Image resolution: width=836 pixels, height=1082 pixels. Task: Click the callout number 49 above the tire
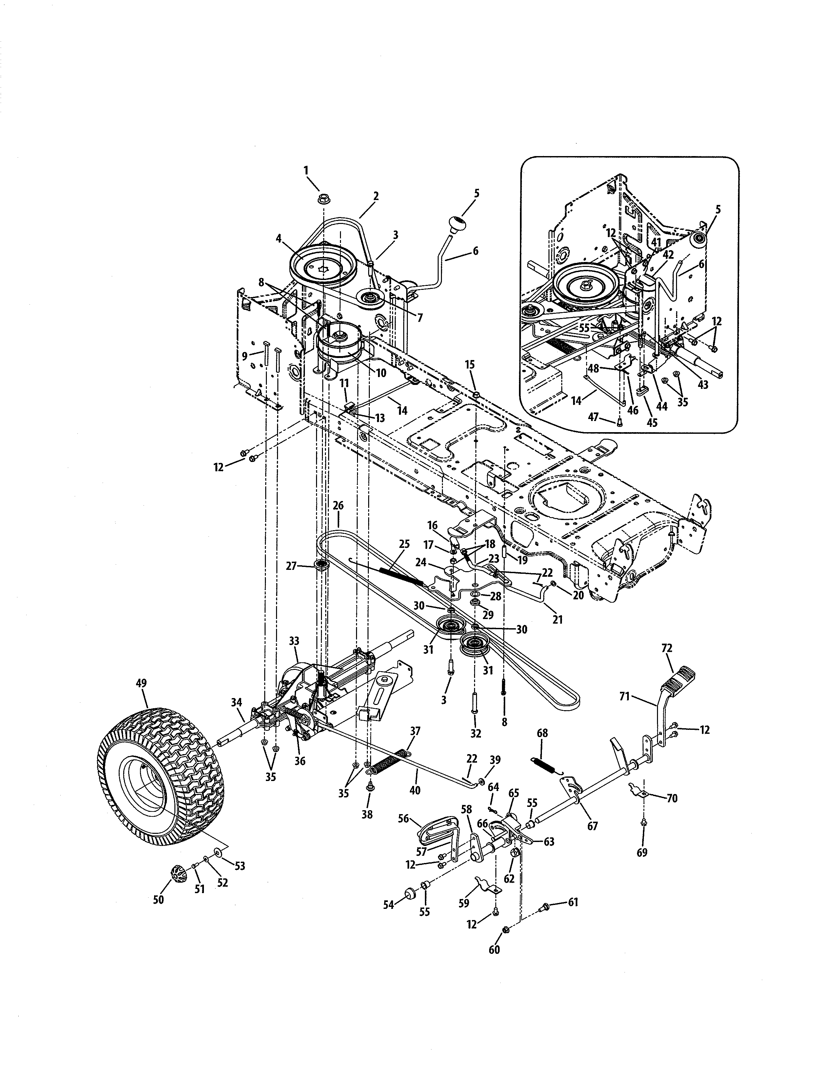pyautogui.click(x=141, y=685)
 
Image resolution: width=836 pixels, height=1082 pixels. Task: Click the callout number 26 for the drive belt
pyautogui.click(x=338, y=506)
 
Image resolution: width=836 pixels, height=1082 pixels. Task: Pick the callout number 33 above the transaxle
pyautogui.click(x=294, y=641)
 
